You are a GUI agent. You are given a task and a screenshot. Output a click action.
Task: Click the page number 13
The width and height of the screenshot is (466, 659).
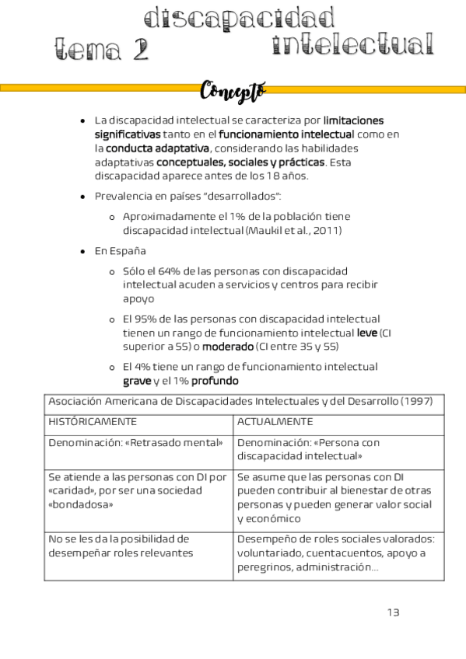pos(393,612)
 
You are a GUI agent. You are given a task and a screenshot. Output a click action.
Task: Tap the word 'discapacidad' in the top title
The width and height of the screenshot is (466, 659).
pos(240,18)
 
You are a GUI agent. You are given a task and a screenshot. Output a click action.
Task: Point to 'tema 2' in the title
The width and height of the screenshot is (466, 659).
pos(101,51)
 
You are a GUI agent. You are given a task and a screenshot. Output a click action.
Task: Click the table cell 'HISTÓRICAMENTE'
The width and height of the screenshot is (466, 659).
pos(93,421)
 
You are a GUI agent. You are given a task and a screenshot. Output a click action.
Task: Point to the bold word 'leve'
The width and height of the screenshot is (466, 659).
pos(366,332)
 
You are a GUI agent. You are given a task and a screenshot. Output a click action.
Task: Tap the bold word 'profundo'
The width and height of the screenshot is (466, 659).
pos(215,381)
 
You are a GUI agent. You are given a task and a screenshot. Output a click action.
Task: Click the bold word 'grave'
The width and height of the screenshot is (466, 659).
pos(137,381)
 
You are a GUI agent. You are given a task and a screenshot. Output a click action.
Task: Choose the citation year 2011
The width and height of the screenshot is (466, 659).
pos(324,230)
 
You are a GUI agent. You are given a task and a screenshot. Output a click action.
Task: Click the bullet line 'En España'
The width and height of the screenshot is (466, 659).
pos(120,251)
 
